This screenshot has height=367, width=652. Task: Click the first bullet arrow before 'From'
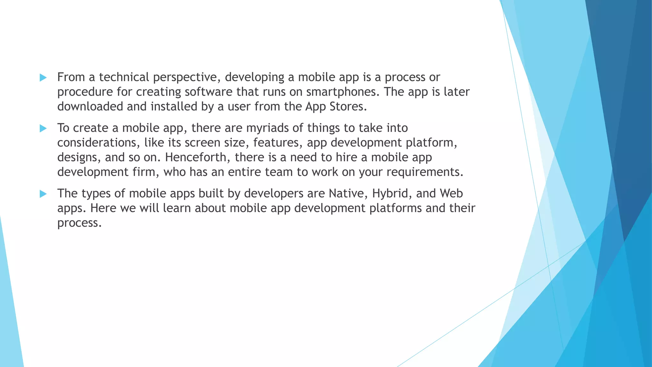point(43,77)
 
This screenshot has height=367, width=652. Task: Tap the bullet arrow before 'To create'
point(43,128)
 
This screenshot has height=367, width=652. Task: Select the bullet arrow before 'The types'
point(43,194)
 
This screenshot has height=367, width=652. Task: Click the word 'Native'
point(347,193)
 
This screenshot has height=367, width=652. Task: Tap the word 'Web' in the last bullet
point(451,193)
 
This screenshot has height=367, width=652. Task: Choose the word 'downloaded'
point(90,106)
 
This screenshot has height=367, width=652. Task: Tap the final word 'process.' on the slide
point(79,223)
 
